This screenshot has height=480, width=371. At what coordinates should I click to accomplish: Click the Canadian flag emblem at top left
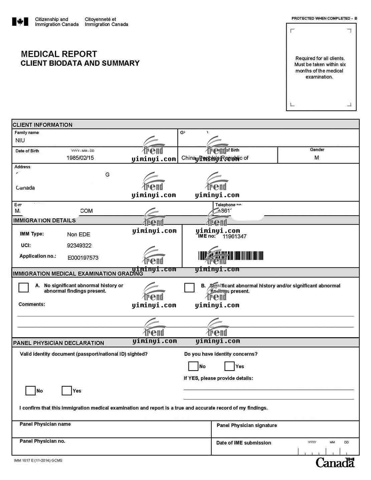tap(20, 22)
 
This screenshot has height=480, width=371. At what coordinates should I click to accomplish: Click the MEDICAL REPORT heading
tap(59, 54)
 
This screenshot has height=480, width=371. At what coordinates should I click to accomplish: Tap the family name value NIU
tap(20, 141)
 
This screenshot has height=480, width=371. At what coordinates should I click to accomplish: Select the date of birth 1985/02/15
tap(80, 158)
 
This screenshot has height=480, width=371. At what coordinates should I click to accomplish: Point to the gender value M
tap(317, 158)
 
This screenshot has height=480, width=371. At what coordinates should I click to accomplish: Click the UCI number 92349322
tap(79, 246)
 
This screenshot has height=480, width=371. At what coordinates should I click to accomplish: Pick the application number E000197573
tap(83, 258)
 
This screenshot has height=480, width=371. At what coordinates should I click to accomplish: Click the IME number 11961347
tap(234, 236)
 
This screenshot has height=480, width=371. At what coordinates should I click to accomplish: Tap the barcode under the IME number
tap(230, 256)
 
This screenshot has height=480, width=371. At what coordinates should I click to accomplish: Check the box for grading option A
tap(23, 287)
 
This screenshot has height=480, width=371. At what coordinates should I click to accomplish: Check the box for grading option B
tap(189, 287)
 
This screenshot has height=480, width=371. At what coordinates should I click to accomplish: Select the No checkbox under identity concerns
tap(193, 366)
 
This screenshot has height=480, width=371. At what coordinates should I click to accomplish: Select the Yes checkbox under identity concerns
tap(229, 366)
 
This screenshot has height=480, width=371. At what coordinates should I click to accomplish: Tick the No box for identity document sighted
tap(30, 391)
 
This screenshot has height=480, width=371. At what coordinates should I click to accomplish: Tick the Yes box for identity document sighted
tap(67, 391)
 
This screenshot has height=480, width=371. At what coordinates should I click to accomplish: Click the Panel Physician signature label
tap(246, 425)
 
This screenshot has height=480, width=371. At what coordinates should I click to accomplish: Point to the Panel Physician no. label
tap(42, 441)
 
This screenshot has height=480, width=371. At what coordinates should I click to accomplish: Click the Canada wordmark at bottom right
tap(335, 463)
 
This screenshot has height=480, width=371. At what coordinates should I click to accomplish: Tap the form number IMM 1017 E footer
tap(38, 461)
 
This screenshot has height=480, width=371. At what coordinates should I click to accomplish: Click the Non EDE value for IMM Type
tap(78, 235)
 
